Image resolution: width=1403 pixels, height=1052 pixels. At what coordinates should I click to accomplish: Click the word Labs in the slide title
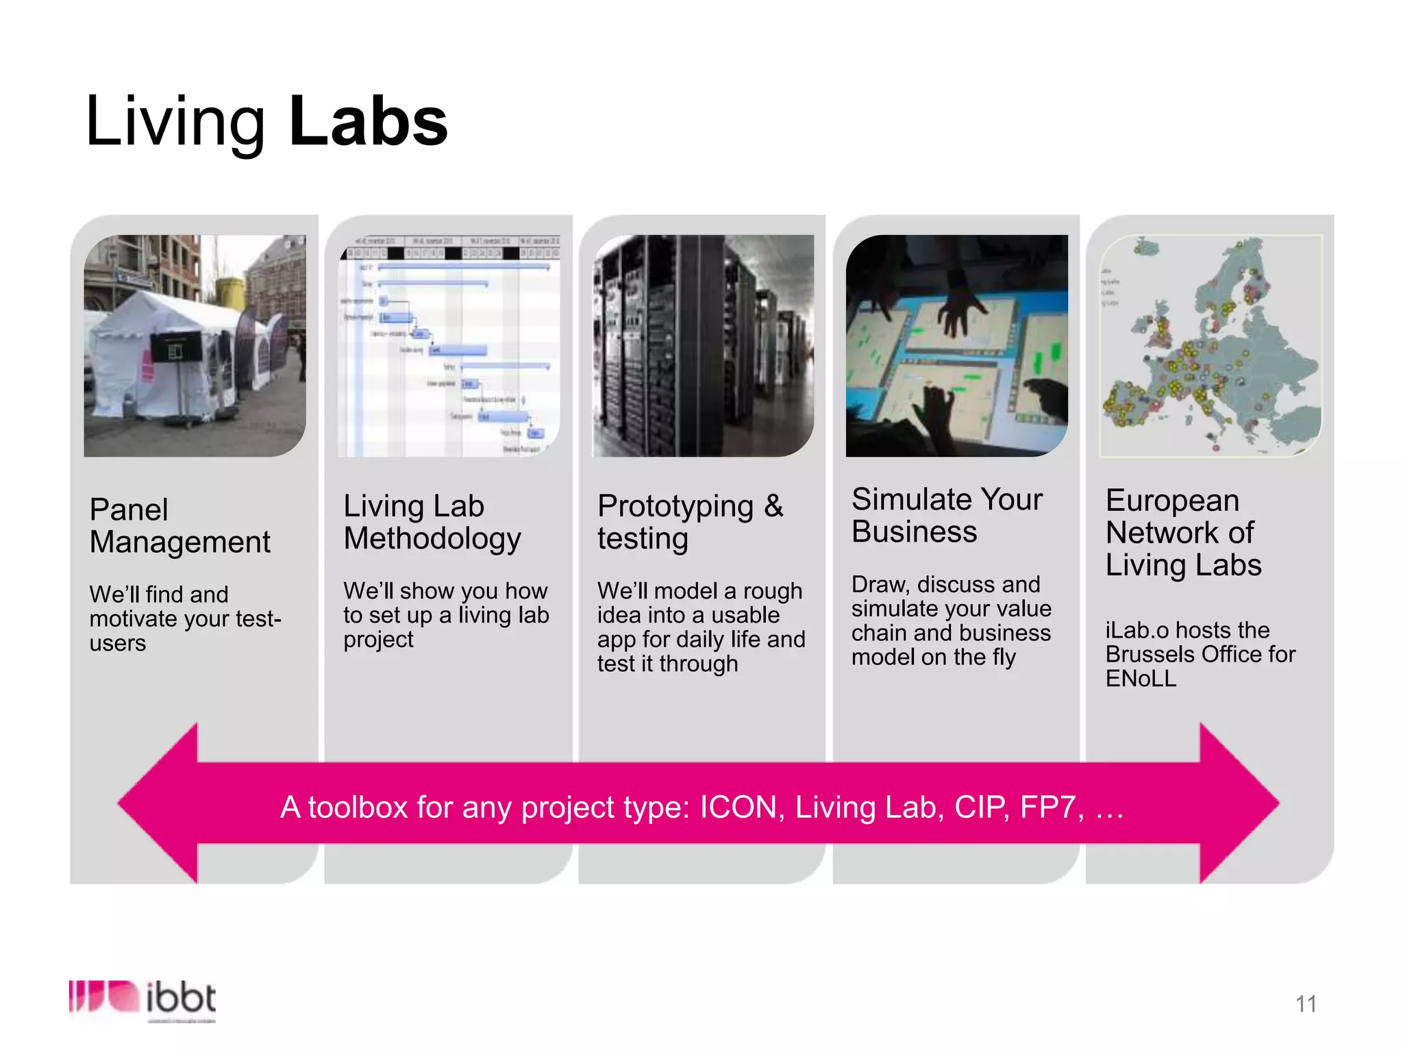pyautogui.click(x=369, y=122)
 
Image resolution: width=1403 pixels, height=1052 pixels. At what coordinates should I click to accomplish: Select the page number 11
pyautogui.click(x=1306, y=1004)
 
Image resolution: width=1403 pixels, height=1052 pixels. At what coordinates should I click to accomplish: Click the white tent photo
pyautogui.click(x=195, y=346)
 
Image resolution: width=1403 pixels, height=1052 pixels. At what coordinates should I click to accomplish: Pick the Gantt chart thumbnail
pyautogui.click(x=449, y=346)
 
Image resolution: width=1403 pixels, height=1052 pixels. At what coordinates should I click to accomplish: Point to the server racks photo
pyautogui.click(x=703, y=346)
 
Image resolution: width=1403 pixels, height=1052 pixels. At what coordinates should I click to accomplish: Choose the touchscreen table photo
pyautogui.click(x=956, y=346)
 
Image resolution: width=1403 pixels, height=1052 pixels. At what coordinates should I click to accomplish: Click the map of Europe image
pyautogui.click(x=1210, y=346)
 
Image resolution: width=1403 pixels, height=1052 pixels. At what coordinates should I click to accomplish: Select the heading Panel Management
pyautogui.click(x=179, y=525)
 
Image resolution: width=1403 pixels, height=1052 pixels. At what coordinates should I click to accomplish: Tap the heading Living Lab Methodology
pyautogui.click(x=432, y=522)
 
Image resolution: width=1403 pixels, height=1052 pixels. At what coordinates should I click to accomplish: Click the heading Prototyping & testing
pyautogui.click(x=690, y=522)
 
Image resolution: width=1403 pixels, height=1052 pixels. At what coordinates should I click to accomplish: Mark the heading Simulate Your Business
pyautogui.click(x=947, y=515)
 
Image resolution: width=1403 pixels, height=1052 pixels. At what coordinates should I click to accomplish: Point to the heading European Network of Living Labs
pyautogui.click(x=1183, y=532)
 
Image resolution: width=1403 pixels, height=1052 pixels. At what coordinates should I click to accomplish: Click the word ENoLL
pyautogui.click(x=1141, y=679)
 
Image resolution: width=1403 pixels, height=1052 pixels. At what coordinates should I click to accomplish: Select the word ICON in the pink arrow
pyautogui.click(x=742, y=807)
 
